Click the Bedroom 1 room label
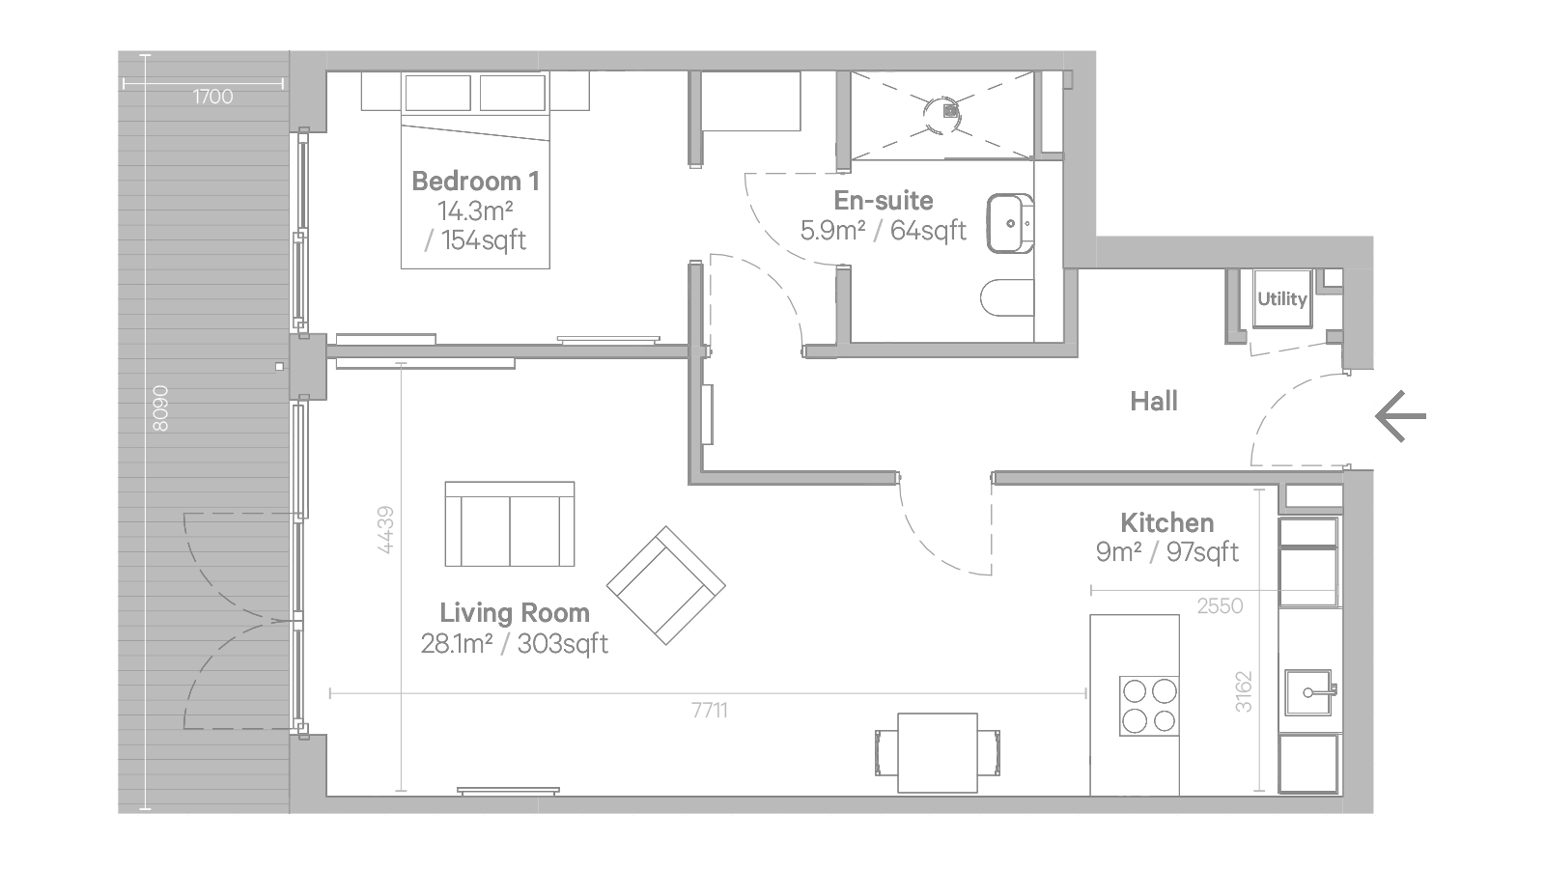click(x=475, y=182)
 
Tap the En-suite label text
click(x=884, y=201)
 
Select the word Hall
click(x=1154, y=401)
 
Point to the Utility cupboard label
click(x=1282, y=298)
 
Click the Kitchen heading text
click(x=1167, y=522)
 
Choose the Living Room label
click(x=515, y=612)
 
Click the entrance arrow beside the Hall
click(x=1400, y=416)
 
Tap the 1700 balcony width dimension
click(x=212, y=97)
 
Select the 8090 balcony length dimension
click(x=160, y=408)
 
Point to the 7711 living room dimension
click(x=710, y=710)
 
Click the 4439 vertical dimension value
click(x=386, y=530)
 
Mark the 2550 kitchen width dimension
click(x=1220, y=606)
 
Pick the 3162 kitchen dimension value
click(x=1244, y=691)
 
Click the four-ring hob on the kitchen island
click(x=1149, y=706)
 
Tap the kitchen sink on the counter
click(x=1309, y=691)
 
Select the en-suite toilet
click(x=1007, y=297)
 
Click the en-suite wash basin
click(x=1010, y=223)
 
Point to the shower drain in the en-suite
click(x=951, y=110)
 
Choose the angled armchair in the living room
click(x=665, y=585)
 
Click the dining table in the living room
click(x=938, y=753)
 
